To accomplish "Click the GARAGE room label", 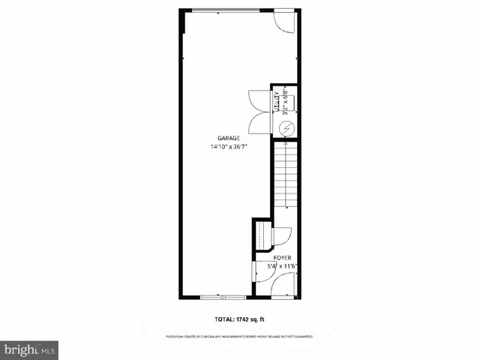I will pos(229,139).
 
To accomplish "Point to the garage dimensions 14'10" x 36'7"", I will pos(229,147).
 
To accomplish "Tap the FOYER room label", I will pos(281,257).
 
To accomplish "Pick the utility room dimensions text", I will pos(286,101).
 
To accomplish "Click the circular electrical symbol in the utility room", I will pos(286,129).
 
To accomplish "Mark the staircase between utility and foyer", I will pos(284,180).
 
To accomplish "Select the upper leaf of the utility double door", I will pos(256,100).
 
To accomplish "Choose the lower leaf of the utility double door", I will pos(256,124).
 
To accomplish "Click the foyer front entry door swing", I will pos(286,285).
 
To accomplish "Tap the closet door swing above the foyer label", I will pos(283,236).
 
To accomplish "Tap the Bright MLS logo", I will pos(30,349).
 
